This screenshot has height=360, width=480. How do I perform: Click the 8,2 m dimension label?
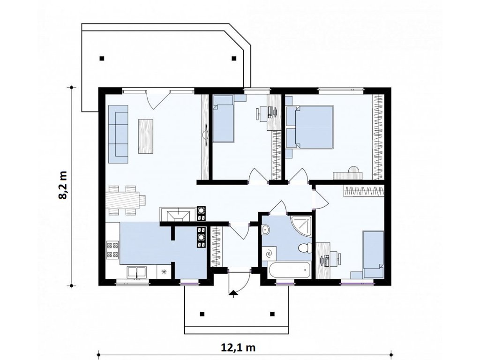63,185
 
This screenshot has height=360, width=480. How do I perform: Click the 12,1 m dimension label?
238,348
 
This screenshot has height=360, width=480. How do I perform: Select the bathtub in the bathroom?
289,270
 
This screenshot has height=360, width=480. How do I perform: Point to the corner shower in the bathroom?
301,227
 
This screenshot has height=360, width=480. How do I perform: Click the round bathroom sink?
265,230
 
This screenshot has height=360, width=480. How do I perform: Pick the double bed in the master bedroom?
309,127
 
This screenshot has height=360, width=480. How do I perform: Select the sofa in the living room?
118,134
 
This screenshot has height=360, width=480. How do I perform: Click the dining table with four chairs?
125,200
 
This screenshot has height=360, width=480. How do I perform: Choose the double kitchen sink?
137,272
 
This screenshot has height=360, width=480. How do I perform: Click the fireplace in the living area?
177,214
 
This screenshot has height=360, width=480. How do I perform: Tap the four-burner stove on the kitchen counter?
112,249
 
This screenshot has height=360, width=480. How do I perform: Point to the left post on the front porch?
202,314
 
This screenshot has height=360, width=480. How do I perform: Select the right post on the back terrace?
234,58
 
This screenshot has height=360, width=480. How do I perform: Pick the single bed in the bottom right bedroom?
373,255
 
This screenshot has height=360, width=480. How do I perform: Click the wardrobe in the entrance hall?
217,247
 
